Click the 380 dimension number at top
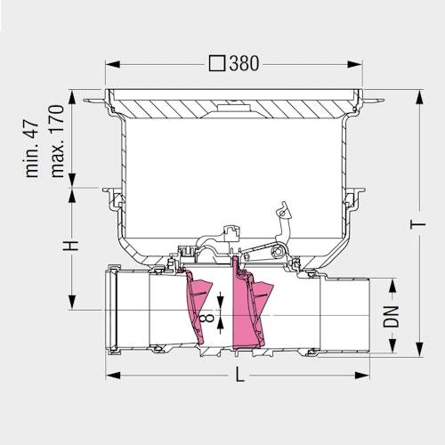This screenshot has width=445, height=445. pyautogui.click(x=244, y=63)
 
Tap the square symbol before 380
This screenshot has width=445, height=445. pyautogui.click(x=217, y=64)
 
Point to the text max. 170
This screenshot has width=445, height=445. pyautogui.click(x=57, y=141)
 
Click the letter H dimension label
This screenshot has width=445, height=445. pyautogui.click(x=71, y=246)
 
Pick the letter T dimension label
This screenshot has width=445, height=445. pyautogui.click(x=418, y=224)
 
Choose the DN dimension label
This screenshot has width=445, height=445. pyautogui.click(x=391, y=317)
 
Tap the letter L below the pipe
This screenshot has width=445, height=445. pyautogui.click(x=239, y=375)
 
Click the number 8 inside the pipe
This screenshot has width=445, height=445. pyautogui.click(x=206, y=319)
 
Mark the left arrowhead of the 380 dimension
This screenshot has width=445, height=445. pyautogui.click(x=113, y=64)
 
